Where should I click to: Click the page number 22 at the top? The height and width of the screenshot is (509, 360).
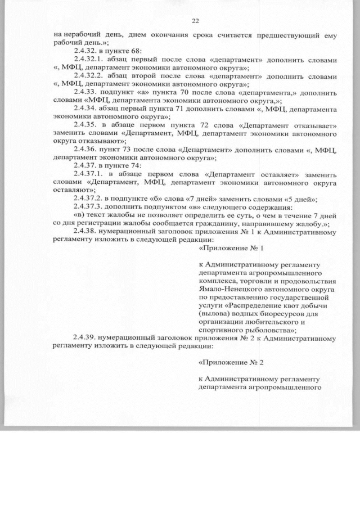[196, 21]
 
